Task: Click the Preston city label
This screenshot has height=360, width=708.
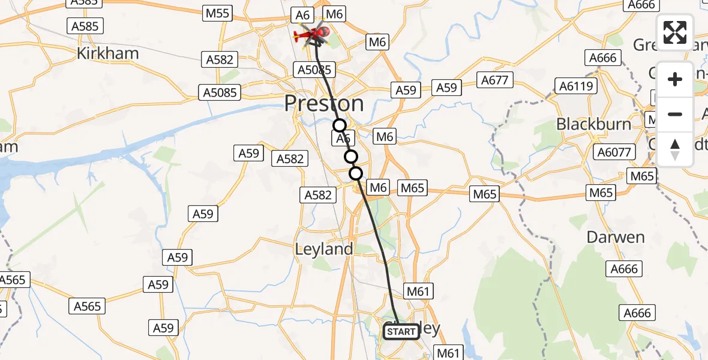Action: click(x=323, y=103)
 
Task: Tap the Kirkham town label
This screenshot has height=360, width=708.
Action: click(x=107, y=53)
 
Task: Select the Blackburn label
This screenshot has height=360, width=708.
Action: click(x=593, y=124)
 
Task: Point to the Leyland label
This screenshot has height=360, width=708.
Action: click(x=323, y=248)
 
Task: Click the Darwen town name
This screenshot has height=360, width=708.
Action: click(x=615, y=237)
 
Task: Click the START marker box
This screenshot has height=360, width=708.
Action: click(x=401, y=331)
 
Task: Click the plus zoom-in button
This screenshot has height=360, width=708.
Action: click(x=675, y=79)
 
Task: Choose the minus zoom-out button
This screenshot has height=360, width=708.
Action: click(x=675, y=114)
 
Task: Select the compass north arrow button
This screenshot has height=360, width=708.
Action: click(x=675, y=149)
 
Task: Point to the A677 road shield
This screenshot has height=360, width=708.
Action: click(x=494, y=80)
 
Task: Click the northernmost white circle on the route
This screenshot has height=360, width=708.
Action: click(x=340, y=125)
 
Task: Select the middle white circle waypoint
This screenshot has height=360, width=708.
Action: click(x=350, y=157)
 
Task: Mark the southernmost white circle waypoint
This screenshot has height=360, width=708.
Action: click(x=356, y=173)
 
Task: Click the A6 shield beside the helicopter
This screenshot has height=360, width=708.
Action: click(x=301, y=14)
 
